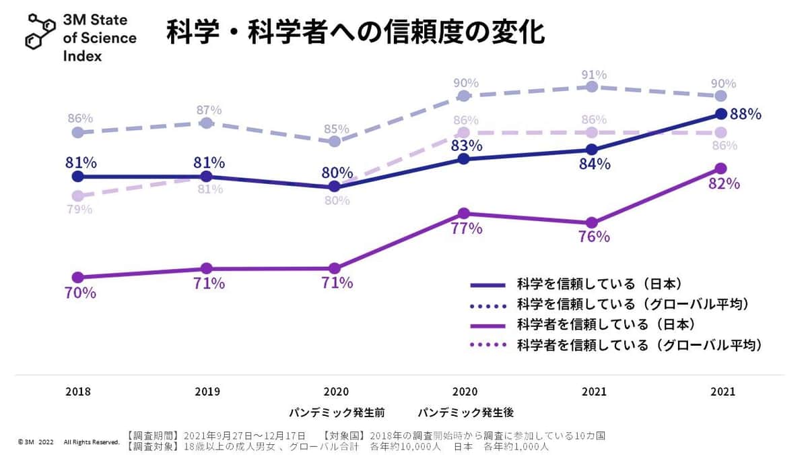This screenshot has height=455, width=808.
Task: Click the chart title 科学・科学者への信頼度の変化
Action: tap(355, 32)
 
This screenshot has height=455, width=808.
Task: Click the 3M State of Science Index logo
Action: tap(81, 38)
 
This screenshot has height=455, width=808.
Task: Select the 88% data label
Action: tap(745, 115)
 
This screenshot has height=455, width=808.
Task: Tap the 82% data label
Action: tap(724, 184)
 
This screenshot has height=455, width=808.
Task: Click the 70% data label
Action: tap(79, 293)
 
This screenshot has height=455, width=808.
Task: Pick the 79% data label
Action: tap(79, 209)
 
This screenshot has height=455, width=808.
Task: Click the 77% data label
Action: tap(467, 229)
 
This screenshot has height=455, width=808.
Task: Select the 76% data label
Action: tap(594, 237)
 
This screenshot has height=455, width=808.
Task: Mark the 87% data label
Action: tap(209, 110)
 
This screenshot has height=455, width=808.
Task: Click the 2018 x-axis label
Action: tap(78, 392)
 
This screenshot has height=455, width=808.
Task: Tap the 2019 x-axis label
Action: tap(207, 392)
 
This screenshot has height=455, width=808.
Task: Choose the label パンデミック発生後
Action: tap(465, 412)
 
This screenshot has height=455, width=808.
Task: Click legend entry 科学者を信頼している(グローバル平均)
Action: tap(639, 345)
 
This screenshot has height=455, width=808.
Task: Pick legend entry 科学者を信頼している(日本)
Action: tap(605, 324)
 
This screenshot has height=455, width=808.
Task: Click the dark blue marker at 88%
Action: tap(721, 113)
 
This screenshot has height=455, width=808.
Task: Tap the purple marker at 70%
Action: tap(77, 277)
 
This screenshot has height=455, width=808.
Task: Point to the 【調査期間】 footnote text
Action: tap(215, 436)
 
